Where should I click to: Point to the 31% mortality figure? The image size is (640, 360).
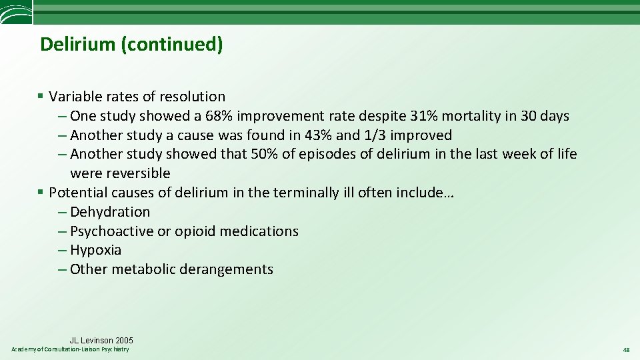click(x=424, y=116)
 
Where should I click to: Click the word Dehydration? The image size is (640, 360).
click(x=110, y=212)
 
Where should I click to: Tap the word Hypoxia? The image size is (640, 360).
click(x=96, y=251)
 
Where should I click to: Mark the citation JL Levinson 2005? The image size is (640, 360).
click(x=101, y=341)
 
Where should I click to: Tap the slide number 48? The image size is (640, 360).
click(x=626, y=350)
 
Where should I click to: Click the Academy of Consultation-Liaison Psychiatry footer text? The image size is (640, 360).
click(x=71, y=350)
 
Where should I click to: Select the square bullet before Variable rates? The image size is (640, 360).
click(x=41, y=97)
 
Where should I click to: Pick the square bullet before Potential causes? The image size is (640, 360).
click(x=41, y=193)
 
